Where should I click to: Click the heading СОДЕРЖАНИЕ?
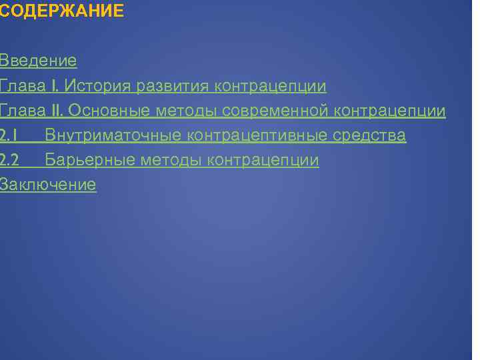point(62,11)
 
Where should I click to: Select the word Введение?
point(38,61)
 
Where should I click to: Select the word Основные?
point(109,111)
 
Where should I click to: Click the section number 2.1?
point(8,136)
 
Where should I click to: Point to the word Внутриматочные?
point(113,136)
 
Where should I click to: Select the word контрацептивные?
point(257,136)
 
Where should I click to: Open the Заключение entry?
point(47,185)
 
